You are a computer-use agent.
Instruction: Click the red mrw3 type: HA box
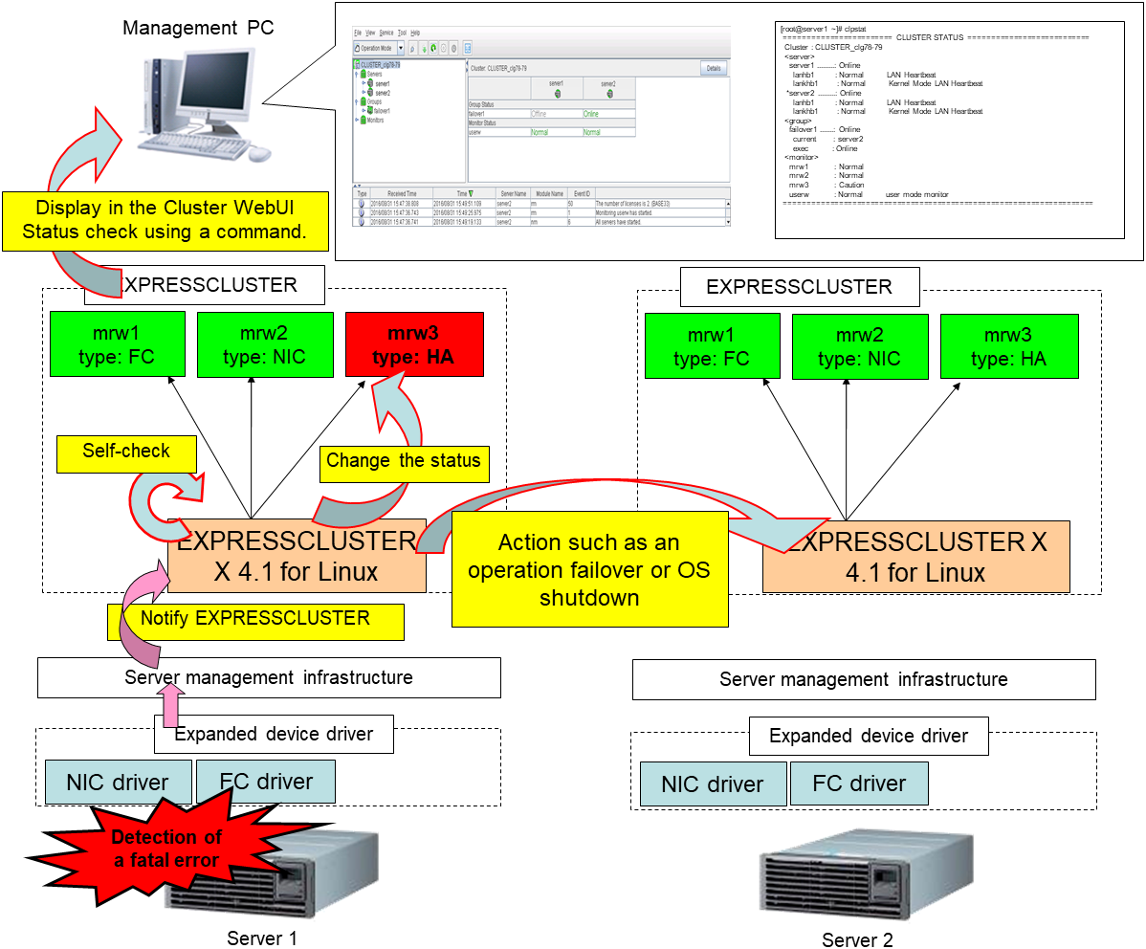(x=414, y=345)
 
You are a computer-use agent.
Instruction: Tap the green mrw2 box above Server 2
(x=860, y=346)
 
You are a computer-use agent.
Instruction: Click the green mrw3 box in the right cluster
(x=1009, y=346)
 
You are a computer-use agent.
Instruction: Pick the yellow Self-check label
(x=126, y=452)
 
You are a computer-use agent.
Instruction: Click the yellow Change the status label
(x=403, y=461)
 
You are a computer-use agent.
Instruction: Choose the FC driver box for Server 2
(x=859, y=783)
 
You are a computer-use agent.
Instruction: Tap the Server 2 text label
(x=857, y=939)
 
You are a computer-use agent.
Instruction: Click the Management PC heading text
(x=198, y=28)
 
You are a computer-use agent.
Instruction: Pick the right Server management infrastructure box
(x=864, y=679)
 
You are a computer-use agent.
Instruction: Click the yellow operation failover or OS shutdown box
(x=588, y=569)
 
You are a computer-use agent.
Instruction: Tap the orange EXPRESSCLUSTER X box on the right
(x=915, y=558)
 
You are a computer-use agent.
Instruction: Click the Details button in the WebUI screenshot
(x=714, y=69)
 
